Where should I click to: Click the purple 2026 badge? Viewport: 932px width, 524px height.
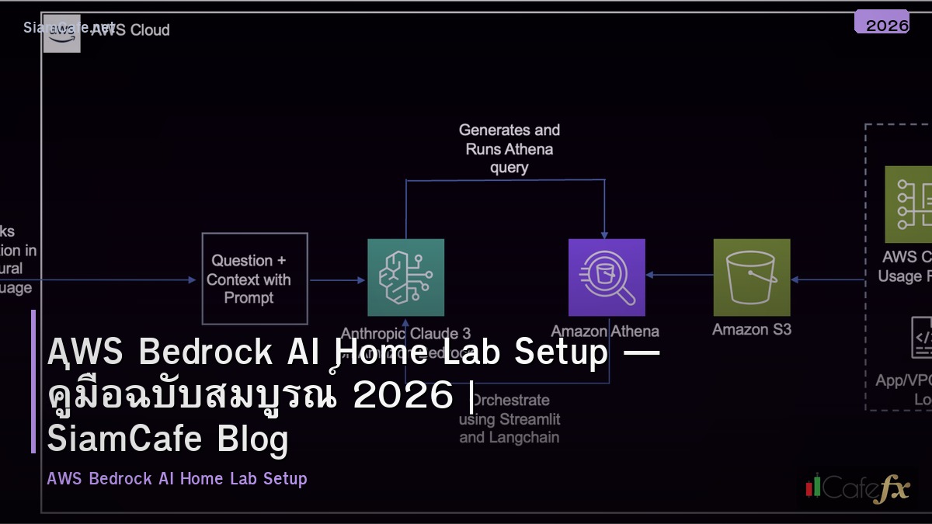pyautogui.click(x=882, y=23)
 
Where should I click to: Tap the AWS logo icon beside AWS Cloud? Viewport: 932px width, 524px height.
pyautogui.click(x=61, y=33)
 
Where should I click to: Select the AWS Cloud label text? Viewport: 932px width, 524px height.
pyautogui.click(x=130, y=30)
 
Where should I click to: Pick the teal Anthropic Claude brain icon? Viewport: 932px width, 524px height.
pyautogui.click(x=405, y=277)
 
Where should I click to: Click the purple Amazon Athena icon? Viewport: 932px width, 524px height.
pyautogui.click(x=607, y=277)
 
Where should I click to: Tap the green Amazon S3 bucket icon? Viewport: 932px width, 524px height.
pyautogui.click(x=751, y=277)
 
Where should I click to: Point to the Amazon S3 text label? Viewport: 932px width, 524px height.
pyautogui.click(x=751, y=329)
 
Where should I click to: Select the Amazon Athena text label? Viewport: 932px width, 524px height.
pyautogui.click(x=605, y=331)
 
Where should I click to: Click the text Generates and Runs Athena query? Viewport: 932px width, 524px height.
pyautogui.click(x=509, y=148)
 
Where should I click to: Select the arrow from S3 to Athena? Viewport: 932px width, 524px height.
pyautogui.click(x=679, y=275)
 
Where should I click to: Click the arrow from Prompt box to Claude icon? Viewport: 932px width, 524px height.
pyautogui.click(x=337, y=280)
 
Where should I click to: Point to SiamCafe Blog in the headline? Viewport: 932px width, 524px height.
pyautogui.click(x=167, y=439)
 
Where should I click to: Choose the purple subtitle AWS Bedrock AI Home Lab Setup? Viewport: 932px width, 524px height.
pyautogui.click(x=177, y=478)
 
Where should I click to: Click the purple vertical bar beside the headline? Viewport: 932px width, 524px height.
pyautogui.click(x=33, y=381)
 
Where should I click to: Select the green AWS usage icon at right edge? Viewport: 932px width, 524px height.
pyautogui.click(x=908, y=204)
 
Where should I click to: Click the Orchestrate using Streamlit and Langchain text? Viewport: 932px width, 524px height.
pyautogui.click(x=509, y=419)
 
